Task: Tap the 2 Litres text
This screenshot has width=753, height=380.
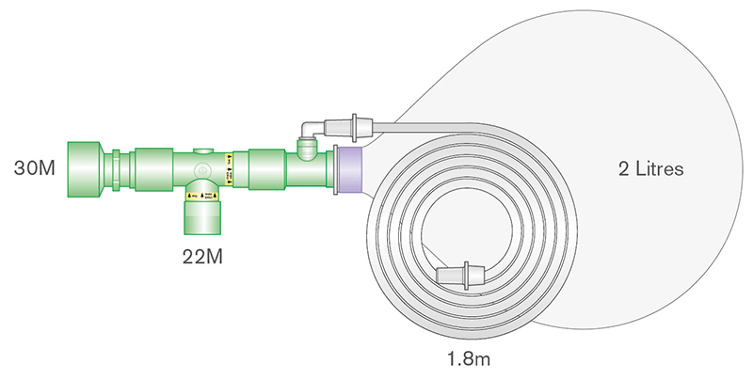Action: pyautogui.click(x=649, y=169)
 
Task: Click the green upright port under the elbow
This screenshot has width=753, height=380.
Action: pyautogui.click(x=305, y=148)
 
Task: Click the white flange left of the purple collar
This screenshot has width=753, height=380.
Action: pyautogui.click(x=332, y=170)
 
